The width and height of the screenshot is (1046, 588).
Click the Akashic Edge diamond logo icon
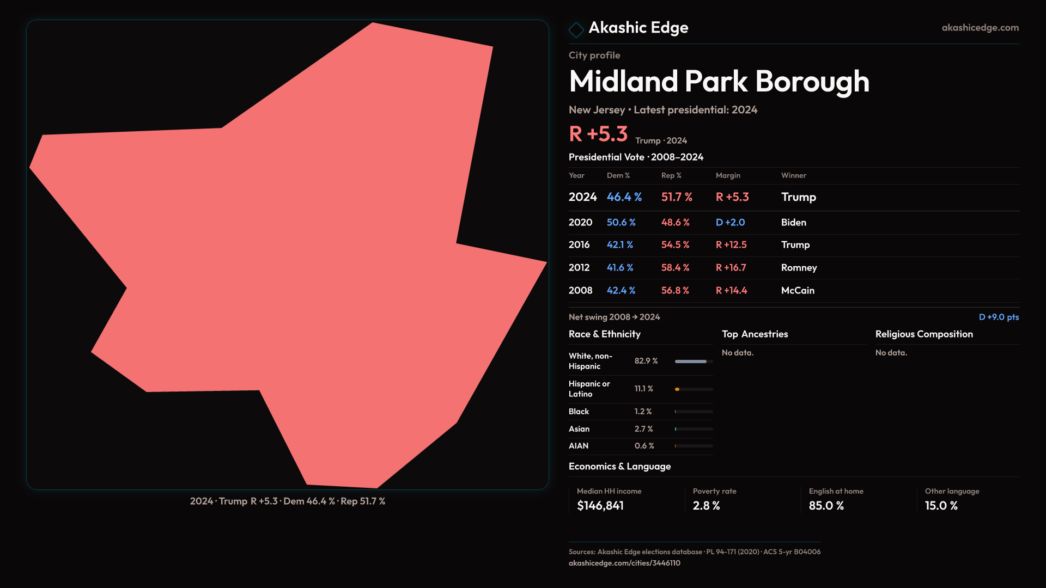tap(576, 29)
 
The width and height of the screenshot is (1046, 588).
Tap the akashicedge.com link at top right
tap(980, 28)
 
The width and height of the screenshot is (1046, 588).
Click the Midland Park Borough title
tap(719, 82)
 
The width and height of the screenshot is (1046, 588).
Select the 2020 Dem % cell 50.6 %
tap(621, 223)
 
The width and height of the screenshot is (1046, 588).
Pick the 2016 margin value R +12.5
tap(731, 245)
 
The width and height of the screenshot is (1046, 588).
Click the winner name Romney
tap(799, 268)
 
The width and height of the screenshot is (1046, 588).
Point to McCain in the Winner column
tap(798, 291)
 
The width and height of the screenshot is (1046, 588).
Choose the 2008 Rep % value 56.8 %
tap(675, 291)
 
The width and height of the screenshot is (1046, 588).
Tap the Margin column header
tap(728, 175)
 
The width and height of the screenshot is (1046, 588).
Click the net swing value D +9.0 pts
tap(998, 317)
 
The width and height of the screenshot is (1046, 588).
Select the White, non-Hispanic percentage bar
tap(694, 362)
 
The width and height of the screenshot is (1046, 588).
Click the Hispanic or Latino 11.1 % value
tap(643, 389)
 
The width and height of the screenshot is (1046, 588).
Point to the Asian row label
tap(579, 429)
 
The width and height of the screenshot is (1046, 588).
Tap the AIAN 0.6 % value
tap(644, 446)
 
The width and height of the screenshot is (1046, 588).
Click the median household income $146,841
tap(600, 506)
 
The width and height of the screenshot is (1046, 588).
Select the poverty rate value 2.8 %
tap(706, 506)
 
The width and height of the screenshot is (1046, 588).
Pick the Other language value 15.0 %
tap(941, 506)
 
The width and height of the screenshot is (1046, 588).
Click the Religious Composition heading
tap(924, 334)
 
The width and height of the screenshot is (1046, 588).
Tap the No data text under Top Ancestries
tap(738, 353)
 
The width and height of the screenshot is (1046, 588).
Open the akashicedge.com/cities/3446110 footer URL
tap(624, 563)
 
